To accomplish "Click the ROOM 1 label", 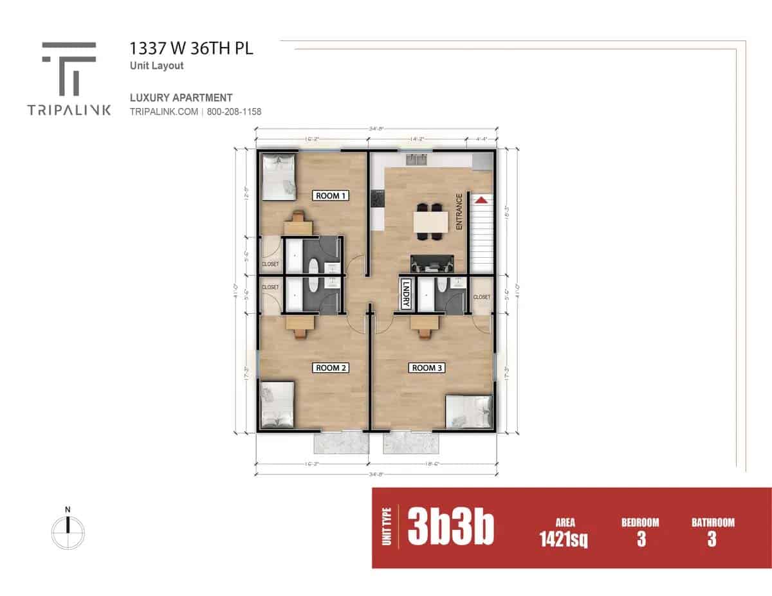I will tap(331, 195).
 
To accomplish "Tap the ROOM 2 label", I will tap(331, 368).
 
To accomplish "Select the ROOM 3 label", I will tap(427, 368).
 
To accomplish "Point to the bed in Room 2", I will tap(277, 405).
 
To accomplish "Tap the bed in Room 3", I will tap(470, 411).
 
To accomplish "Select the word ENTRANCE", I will tap(459, 212).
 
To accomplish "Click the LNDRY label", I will tap(406, 295).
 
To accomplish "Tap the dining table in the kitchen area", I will tap(430, 222).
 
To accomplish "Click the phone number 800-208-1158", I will tap(234, 111).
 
